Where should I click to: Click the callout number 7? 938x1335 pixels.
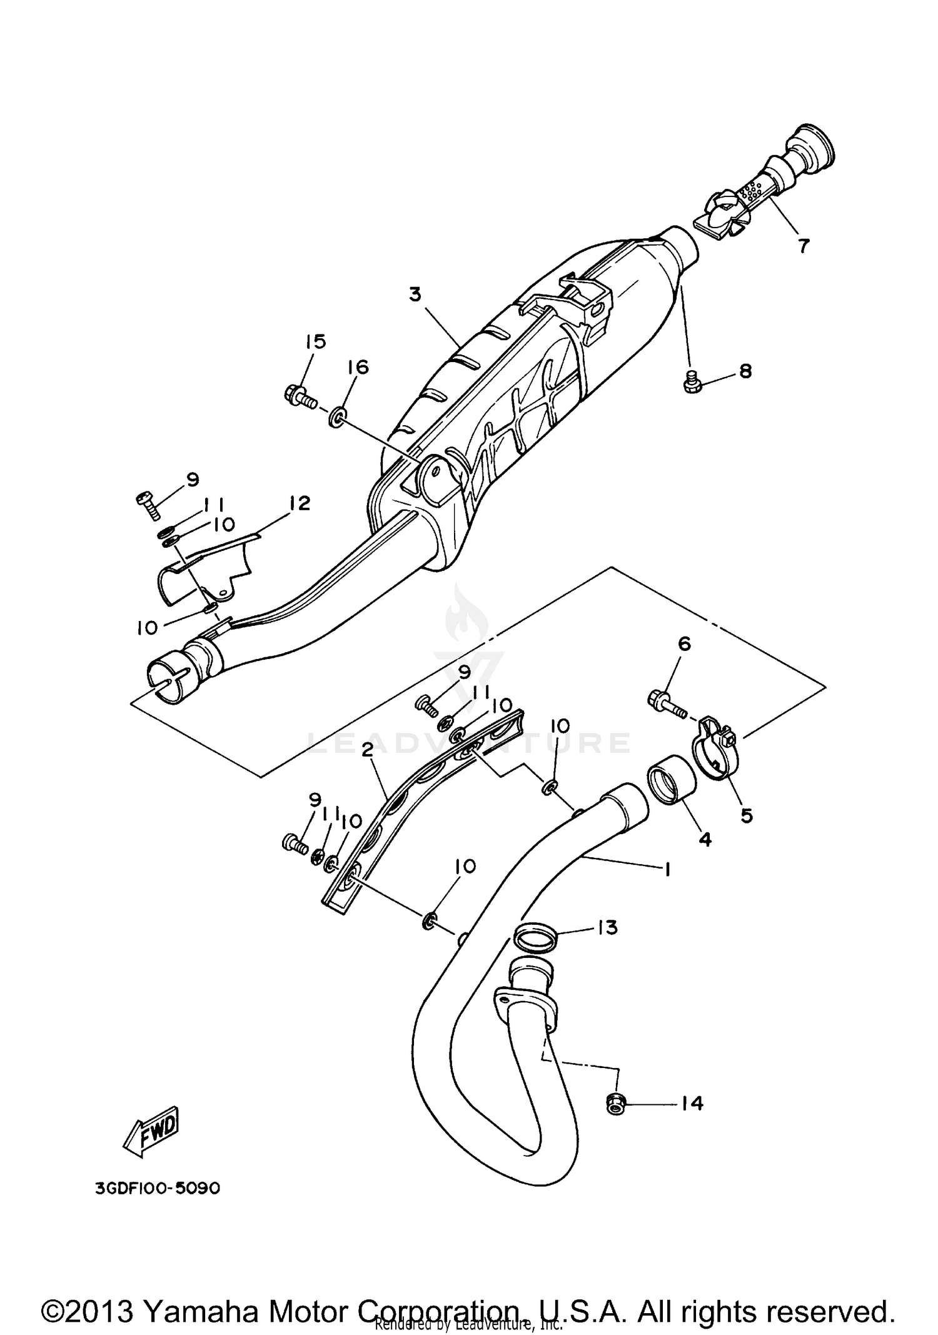pos(803,245)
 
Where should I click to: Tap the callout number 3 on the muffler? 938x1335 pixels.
pos(415,294)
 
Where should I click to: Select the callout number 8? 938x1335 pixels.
pos(745,371)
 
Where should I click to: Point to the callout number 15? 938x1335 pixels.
pos(316,342)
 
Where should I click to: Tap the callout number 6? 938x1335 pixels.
pos(685,643)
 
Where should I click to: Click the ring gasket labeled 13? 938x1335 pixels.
pos(535,938)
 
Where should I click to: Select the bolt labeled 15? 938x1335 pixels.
pos(299,396)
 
